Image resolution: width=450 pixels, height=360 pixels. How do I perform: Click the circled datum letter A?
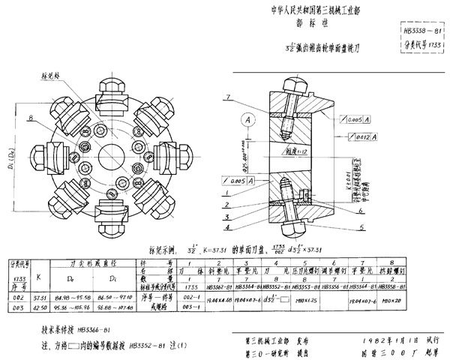[246, 118]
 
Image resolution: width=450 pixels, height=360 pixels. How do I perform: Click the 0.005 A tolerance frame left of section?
[238, 181]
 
